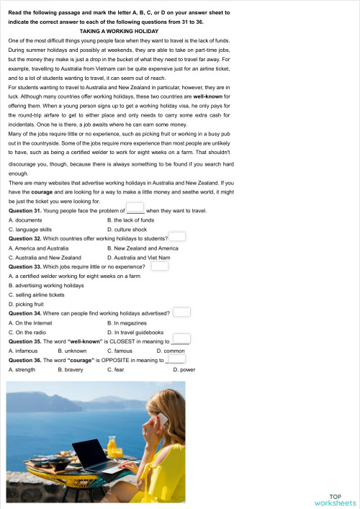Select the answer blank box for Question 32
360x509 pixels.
[177, 236]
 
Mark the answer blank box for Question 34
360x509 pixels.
[181, 312]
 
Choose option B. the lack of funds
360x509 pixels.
[130, 219]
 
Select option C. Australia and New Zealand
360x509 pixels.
[45, 256]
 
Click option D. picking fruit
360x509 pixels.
[27, 304]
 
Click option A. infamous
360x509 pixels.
[23, 351]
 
